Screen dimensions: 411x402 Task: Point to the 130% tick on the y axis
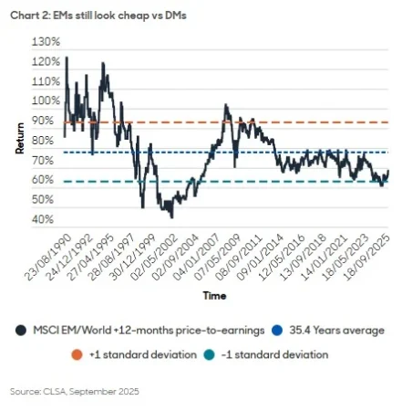coord(45,42)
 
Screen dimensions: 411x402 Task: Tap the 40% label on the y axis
coord(46,220)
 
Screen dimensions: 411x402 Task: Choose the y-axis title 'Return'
coord(18,137)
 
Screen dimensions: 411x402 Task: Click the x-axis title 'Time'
coord(215,296)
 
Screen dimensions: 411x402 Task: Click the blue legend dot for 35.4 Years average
coord(248,328)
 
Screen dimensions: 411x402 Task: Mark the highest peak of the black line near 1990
coord(66,58)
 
